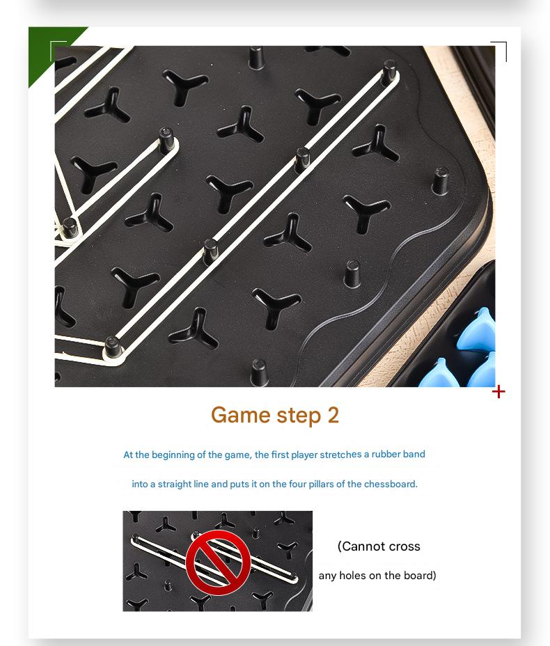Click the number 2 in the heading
pyautogui.click(x=333, y=415)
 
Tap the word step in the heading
pyautogui.click(x=299, y=416)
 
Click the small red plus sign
pyautogui.click(x=498, y=392)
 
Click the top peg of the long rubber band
pyautogui.click(x=389, y=71)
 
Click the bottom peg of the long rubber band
pyautogui.click(x=111, y=347)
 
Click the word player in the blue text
pyautogui.click(x=304, y=455)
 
